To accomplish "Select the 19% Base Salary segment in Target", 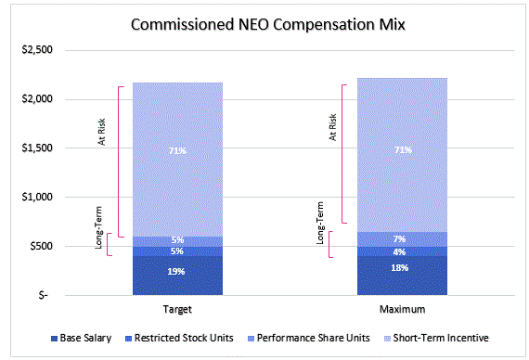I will click(176, 272).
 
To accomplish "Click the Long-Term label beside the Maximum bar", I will click(321, 226).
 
